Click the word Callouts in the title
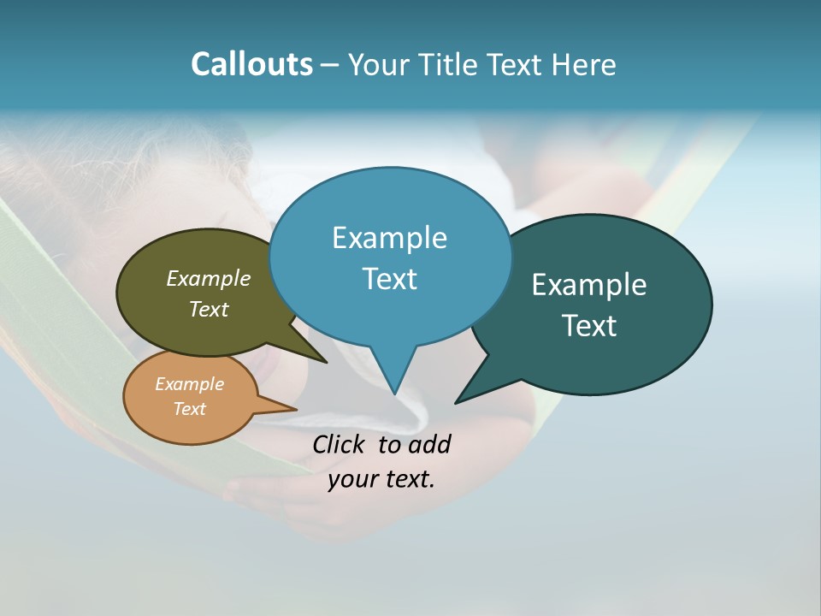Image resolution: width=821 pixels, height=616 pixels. tap(251, 64)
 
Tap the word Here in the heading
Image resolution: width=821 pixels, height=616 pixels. tap(584, 64)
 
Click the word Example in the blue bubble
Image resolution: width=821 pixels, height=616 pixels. tap(389, 238)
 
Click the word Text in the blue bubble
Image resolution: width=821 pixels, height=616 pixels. tap(389, 279)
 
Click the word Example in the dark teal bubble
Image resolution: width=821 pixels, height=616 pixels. tap(589, 285)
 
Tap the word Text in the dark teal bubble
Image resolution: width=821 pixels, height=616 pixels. tap(589, 326)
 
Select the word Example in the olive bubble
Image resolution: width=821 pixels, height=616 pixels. tap(209, 278)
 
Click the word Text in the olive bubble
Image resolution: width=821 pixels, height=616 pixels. tap(209, 309)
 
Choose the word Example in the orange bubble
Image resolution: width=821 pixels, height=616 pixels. tap(189, 384)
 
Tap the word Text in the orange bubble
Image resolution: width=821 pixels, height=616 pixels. tap(189, 409)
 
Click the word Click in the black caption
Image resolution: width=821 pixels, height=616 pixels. tap(340, 444)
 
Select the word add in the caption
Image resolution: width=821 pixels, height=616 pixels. tap(428, 444)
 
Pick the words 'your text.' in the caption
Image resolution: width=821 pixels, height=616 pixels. tap(381, 479)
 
